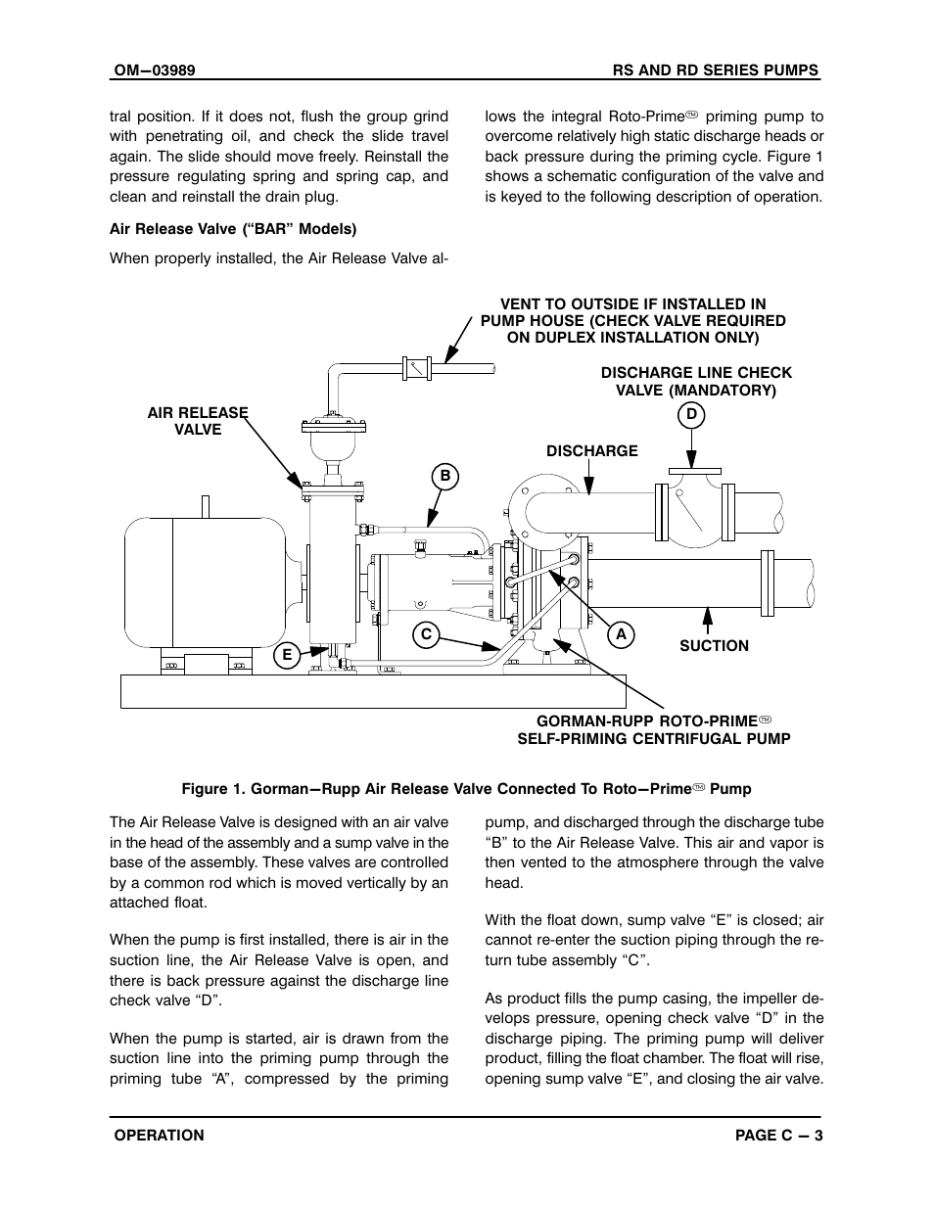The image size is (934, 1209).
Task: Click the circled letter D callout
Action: pos(691,415)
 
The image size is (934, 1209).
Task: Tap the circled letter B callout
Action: pos(444,477)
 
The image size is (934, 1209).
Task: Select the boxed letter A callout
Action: pos(621,634)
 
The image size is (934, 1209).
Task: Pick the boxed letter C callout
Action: pos(426,634)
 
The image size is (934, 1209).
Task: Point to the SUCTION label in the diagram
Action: pos(714,646)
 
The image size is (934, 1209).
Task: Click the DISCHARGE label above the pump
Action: pos(591,451)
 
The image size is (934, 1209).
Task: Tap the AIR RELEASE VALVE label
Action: pos(198,421)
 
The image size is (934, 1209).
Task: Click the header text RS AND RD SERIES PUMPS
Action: pos(716,70)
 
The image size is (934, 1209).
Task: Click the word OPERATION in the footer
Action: pos(160,1136)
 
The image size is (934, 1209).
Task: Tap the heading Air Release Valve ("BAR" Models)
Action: pos(233,229)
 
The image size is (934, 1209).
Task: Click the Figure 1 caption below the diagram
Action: pos(466,789)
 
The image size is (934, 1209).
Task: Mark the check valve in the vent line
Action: pos(417,369)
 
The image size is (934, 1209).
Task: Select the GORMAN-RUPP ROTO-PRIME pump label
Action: pos(653,730)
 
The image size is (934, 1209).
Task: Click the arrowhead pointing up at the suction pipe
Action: pos(707,616)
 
